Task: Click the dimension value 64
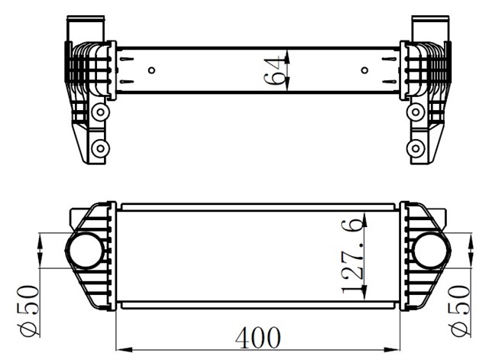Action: (274, 70)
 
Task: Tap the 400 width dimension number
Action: (257, 337)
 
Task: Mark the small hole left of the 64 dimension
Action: (152, 70)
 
